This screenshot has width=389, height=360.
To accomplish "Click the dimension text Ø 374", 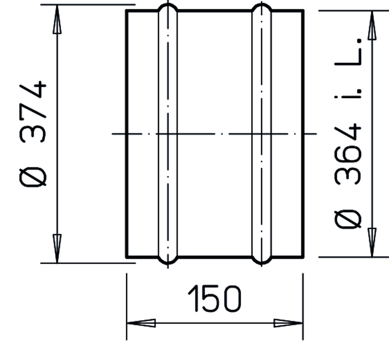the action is click(x=32, y=133).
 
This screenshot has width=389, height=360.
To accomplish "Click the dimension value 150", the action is click(x=214, y=299).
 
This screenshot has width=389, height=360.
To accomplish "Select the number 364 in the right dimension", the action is click(x=348, y=154).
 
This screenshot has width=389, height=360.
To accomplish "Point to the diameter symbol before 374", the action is click(x=32, y=177).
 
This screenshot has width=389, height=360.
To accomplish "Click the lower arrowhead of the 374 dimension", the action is click(x=57, y=248).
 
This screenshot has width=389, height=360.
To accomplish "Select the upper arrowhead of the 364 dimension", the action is click(x=372, y=25).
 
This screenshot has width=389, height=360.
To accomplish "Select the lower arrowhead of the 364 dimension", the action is click(x=372, y=242).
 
